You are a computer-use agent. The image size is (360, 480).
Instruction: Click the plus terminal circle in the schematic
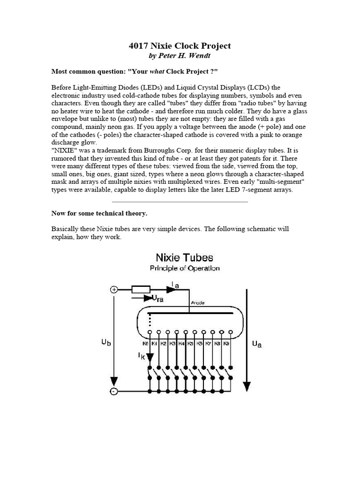[114, 290]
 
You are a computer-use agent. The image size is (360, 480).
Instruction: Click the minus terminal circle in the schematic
[114, 391]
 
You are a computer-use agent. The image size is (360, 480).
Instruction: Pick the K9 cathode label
[226, 344]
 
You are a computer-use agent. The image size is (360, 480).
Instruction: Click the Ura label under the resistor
[157, 299]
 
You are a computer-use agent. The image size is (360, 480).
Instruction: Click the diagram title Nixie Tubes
[184, 257]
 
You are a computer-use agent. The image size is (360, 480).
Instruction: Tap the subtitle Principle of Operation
[184, 268]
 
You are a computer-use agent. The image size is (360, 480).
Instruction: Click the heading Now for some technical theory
[99, 213]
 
